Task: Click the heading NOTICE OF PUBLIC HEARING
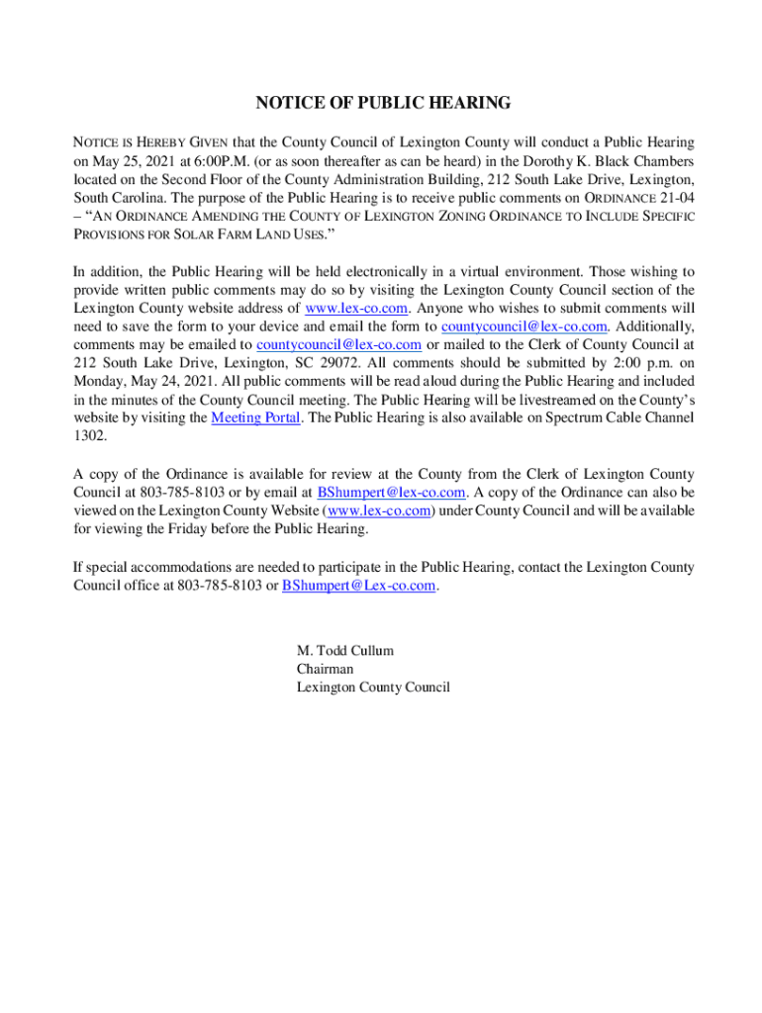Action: tap(383, 103)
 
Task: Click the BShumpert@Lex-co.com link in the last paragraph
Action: tap(359, 586)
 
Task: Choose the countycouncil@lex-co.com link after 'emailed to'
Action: tap(339, 344)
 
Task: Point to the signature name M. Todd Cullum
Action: tap(345, 651)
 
